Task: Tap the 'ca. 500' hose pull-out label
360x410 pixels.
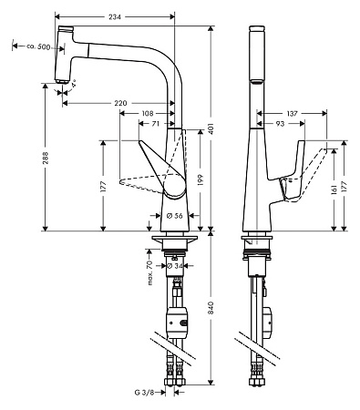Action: tap(31, 46)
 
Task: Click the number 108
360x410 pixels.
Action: tap(147, 113)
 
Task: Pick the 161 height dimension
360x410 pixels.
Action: tap(334, 189)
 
